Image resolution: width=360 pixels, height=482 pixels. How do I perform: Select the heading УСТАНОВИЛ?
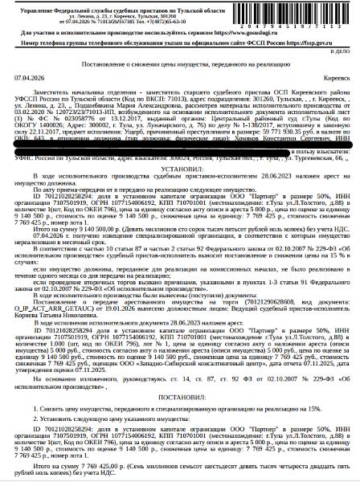(179, 171)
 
